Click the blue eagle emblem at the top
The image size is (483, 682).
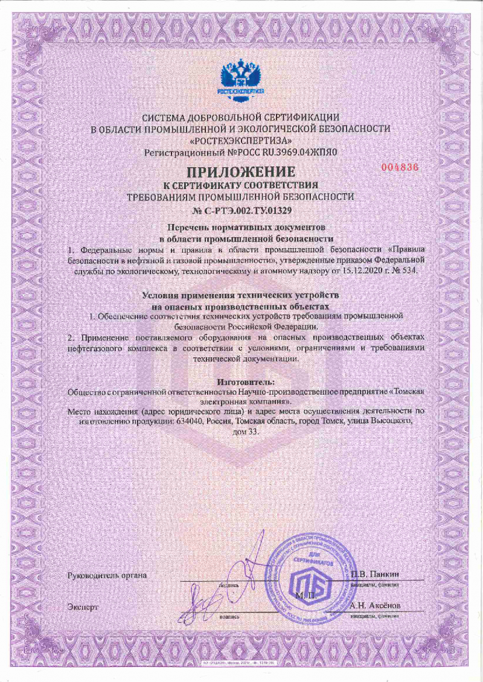point(241,76)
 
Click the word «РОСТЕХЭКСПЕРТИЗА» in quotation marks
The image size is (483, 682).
point(241,141)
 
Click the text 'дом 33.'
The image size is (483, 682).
point(241,432)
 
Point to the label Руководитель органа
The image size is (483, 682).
point(108,575)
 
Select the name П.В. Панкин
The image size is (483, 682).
point(376,574)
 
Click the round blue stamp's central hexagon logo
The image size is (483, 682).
point(309,584)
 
